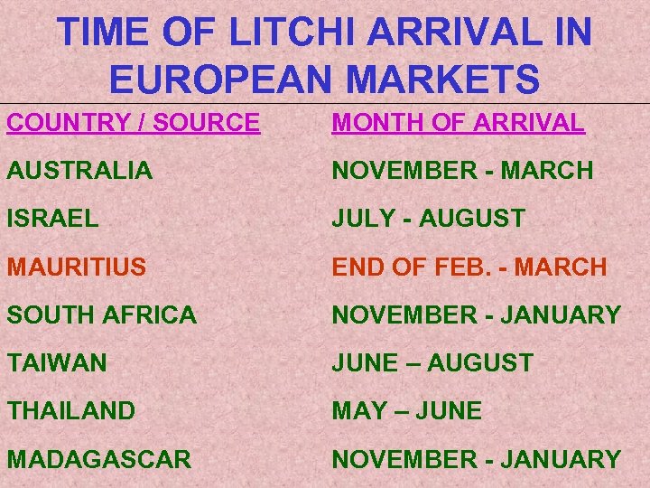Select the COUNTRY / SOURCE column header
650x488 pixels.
click(134, 122)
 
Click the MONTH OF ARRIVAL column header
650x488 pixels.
click(458, 122)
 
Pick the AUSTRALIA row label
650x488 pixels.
click(80, 170)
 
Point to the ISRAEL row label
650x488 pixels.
click(51, 218)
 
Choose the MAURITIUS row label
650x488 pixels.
click(78, 267)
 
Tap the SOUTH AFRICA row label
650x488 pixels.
click(101, 314)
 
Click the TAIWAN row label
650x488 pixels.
click(57, 362)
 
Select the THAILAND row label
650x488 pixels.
click(71, 410)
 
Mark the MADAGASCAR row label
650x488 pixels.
click(98, 459)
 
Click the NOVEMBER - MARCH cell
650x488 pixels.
click(462, 170)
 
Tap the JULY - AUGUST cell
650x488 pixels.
click(428, 218)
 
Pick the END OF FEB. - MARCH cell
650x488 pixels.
click(469, 267)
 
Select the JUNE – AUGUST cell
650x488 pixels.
click(432, 362)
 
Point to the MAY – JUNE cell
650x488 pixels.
click(406, 410)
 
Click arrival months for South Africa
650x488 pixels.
click(476, 314)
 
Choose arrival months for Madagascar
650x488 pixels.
click(476, 459)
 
